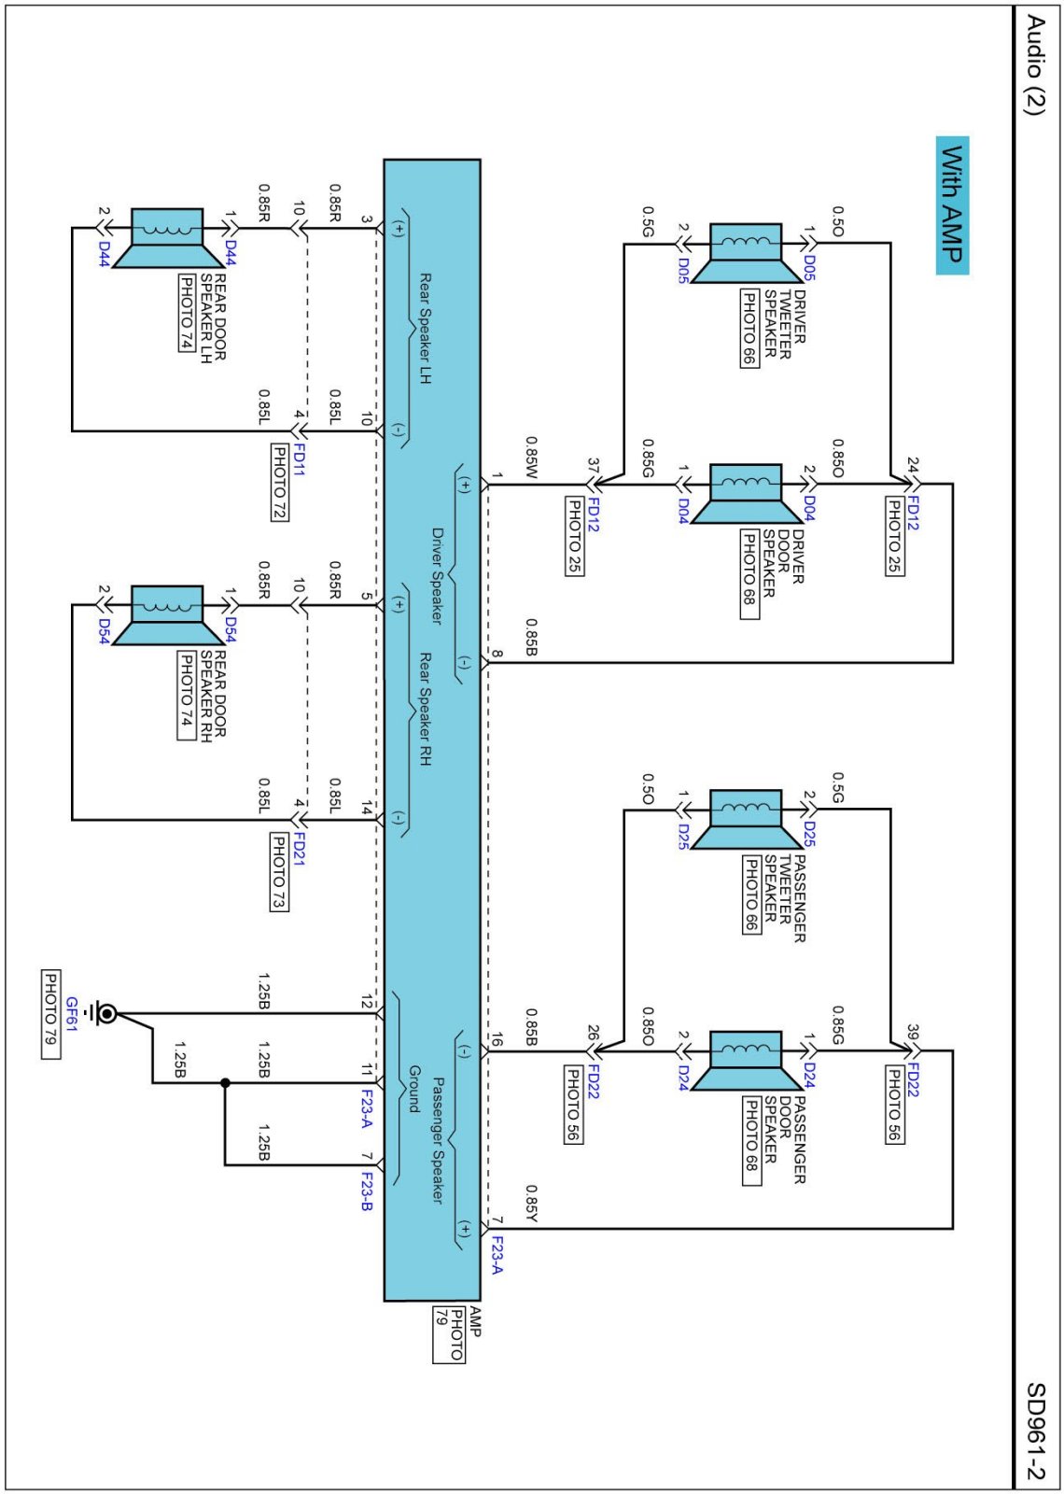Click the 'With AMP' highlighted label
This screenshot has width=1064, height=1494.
(952, 204)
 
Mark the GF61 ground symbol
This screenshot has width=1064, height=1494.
(105, 1013)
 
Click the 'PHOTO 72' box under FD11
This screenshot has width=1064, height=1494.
(279, 482)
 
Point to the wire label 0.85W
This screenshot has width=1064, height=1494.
(531, 458)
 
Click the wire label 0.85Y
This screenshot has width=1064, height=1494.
(531, 1204)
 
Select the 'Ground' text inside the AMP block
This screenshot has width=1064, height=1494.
(413, 1089)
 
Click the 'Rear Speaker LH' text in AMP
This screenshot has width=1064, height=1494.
(425, 329)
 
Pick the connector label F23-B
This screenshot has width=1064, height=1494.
(367, 1192)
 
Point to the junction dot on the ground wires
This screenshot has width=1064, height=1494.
(225, 1083)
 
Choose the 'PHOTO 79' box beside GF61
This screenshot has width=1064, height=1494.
(50, 1014)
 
